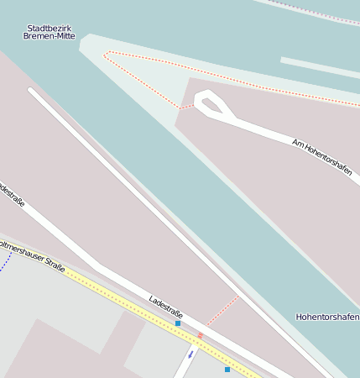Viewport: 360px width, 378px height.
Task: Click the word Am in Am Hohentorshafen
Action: point(297,141)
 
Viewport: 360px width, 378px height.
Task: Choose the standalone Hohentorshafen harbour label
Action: point(327,317)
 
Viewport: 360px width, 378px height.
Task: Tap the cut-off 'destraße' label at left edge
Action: point(11,194)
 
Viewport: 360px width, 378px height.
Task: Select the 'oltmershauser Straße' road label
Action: point(31,255)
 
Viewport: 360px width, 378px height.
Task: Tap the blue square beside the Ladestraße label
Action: point(178,323)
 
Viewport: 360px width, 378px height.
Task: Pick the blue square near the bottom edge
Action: point(227,369)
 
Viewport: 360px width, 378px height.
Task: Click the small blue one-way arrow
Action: point(190,354)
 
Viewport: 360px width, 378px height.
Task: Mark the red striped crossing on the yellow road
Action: point(200,336)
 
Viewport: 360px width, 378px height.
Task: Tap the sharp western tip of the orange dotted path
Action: point(105,55)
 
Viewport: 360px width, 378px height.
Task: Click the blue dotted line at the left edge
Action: point(5,261)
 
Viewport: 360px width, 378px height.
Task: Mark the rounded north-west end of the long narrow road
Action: point(32,91)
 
